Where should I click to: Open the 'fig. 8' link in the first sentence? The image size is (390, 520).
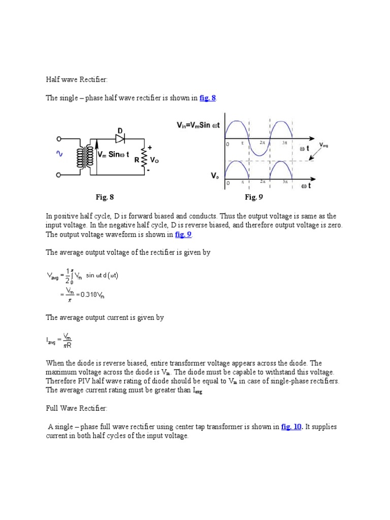[208, 98]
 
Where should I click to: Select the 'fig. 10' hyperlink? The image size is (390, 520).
[291, 427]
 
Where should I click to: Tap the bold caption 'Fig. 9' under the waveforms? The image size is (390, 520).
[253, 197]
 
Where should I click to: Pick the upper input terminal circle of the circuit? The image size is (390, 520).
[59, 139]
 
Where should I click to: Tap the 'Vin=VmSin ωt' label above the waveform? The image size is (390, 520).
[198, 125]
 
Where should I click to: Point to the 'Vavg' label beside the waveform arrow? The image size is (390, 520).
[323, 145]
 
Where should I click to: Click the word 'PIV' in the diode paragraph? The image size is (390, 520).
[80, 381]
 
